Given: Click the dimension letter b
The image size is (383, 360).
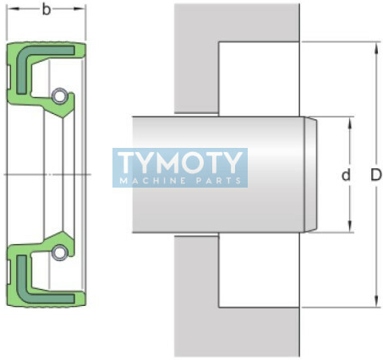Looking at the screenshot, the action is click(x=47, y=9).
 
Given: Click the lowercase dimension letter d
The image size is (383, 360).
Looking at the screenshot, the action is click(x=346, y=175).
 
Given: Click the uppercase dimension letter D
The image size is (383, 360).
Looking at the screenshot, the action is click(x=376, y=175).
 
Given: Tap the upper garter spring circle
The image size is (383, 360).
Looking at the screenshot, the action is click(x=59, y=95).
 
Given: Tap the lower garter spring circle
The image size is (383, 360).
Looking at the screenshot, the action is click(x=59, y=253).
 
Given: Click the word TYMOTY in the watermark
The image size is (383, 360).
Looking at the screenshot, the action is click(x=180, y=162).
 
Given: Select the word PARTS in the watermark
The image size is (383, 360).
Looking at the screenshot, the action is click(x=219, y=181).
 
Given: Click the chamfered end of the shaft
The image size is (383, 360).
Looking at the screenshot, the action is click(x=310, y=175).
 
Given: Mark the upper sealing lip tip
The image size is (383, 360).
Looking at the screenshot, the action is click(x=63, y=117).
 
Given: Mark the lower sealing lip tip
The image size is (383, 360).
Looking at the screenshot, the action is click(x=63, y=232).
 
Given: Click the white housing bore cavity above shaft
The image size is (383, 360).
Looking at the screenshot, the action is click(x=259, y=79).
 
